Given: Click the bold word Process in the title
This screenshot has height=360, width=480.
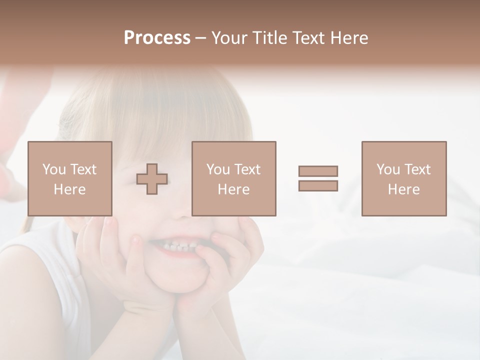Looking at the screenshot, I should click(157, 38).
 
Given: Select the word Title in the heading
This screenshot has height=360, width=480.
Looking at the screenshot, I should click(270, 38).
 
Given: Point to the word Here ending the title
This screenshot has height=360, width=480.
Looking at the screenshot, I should click(350, 38).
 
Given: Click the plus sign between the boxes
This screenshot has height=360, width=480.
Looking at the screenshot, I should click(152, 179).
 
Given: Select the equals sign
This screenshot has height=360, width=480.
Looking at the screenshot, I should click(318, 178).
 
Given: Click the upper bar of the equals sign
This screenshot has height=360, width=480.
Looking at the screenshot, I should click(318, 171).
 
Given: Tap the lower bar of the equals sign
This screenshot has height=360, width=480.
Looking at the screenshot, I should click(318, 185).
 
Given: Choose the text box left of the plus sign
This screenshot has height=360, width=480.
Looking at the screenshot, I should click(70, 178).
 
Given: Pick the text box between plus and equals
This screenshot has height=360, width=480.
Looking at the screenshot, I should click(234, 178).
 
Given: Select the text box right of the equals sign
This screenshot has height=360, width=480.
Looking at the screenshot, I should click(404, 178).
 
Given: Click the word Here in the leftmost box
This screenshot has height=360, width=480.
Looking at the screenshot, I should click(69, 189).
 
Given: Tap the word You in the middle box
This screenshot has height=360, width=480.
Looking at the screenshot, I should click(218, 169).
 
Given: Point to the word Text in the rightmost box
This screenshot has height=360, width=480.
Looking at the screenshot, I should click(417, 169).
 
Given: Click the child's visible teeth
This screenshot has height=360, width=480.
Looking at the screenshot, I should click(175, 246).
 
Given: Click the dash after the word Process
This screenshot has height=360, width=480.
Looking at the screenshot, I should click(200, 38).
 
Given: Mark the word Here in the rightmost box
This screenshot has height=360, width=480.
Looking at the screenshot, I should click(403, 189).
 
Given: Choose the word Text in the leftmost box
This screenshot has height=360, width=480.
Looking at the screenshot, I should click(83, 169).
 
